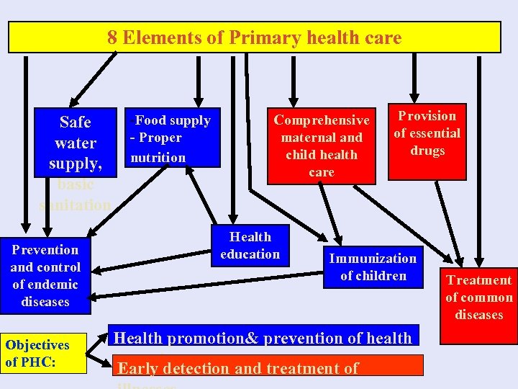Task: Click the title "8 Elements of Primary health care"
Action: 255,37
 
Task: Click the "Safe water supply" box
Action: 75,142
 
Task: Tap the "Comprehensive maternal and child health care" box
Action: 322,146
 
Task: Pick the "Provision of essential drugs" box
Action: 427,141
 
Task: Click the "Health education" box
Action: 250,246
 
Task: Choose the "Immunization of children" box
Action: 373,267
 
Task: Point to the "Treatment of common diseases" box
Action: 478,297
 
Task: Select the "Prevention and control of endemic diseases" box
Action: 45,276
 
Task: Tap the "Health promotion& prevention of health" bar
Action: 263,338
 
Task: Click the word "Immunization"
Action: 373,259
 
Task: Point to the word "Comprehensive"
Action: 322,120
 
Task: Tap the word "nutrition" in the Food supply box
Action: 158,157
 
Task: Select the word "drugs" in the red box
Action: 427,151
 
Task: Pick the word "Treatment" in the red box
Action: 478,280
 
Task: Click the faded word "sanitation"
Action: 75,205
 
